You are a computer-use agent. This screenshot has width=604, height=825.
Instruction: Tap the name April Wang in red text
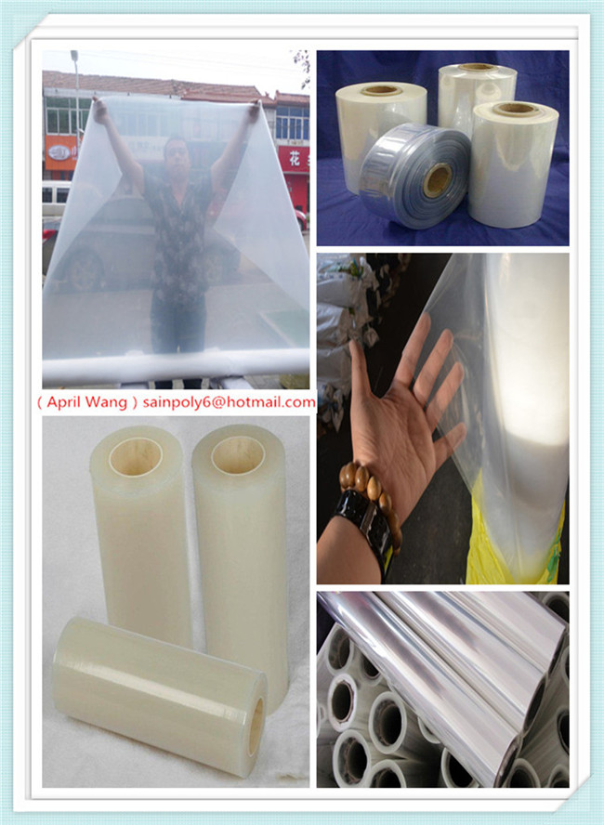point(85,402)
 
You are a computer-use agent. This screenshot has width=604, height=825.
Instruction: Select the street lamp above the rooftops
point(74,58)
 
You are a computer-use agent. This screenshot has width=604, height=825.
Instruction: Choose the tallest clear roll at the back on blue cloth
point(475,93)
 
